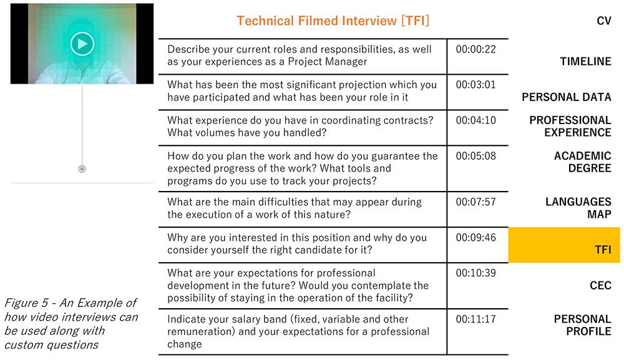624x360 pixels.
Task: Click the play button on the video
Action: pos(82,43)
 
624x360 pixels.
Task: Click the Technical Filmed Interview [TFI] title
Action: pos(333,21)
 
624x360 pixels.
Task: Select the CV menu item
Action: pos(603,21)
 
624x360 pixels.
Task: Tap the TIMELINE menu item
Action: pos(585,61)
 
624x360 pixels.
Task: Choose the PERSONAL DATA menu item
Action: pos(567,97)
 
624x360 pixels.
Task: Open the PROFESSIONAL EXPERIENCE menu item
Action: pos(570,126)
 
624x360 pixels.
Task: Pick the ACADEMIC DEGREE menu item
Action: pos(583,162)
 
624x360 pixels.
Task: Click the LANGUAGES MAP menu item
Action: pos(578,208)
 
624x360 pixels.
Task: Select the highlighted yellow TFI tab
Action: pos(564,245)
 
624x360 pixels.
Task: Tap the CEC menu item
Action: pos(600,285)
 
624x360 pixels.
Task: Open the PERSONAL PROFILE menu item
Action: pos(583,325)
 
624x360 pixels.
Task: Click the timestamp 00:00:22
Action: pos(476,49)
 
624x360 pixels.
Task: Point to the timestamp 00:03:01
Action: pos(476,85)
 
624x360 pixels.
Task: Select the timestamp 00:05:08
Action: pos(476,156)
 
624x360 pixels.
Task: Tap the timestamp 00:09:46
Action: pos(476,238)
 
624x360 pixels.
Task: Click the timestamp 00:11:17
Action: pos(476,319)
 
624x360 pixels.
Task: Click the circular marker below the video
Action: pos(82,169)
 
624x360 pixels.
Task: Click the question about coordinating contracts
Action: pos(300,127)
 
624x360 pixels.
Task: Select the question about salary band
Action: pos(298,331)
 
